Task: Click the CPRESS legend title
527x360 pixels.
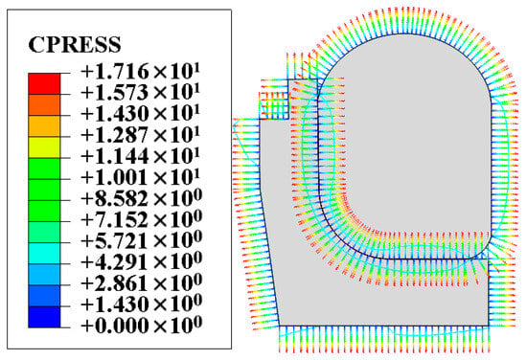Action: tap(75, 44)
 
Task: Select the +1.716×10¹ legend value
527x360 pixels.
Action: tap(141, 71)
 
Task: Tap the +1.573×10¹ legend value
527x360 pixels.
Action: tap(141, 92)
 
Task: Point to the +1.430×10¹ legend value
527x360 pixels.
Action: tap(141, 113)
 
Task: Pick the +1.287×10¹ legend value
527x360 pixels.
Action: tap(141, 134)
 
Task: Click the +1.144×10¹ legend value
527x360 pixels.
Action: tap(141, 155)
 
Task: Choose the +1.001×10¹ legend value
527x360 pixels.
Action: tap(141, 176)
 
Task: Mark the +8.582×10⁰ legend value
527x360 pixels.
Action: tap(142, 198)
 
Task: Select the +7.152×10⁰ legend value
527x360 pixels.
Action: tap(142, 219)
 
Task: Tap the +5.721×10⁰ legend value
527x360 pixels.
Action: tap(142, 240)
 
